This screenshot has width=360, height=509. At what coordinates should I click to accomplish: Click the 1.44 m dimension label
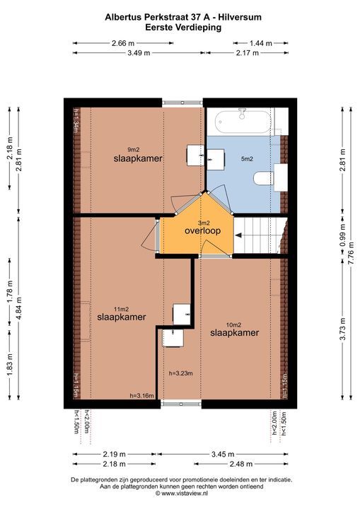pos(260,42)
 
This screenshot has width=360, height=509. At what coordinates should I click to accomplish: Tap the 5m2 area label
pos(247,159)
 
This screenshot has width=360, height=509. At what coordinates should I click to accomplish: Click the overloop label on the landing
pos(203,231)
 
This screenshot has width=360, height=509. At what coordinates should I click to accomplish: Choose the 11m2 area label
pos(122,309)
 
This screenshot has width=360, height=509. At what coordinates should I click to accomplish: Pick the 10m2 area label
pos(232,324)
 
